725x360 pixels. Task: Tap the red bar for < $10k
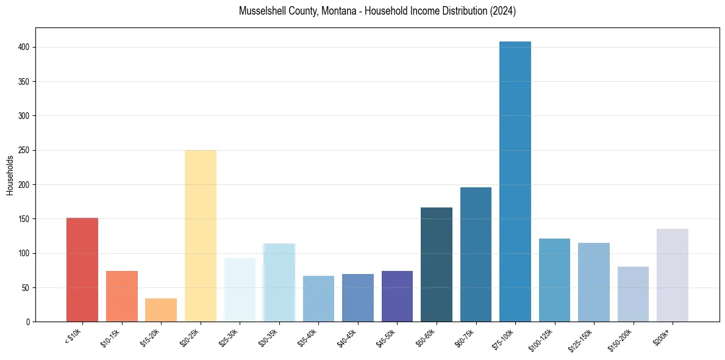pyautogui.click(x=82, y=269)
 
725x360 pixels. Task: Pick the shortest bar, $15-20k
pyautogui.click(x=161, y=310)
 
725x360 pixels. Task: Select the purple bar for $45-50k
pyautogui.click(x=397, y=296)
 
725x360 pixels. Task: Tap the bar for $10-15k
pyautogui.click(x=122, y=296)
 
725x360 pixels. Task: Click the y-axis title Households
pyautogui.click(x=10, y=175)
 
